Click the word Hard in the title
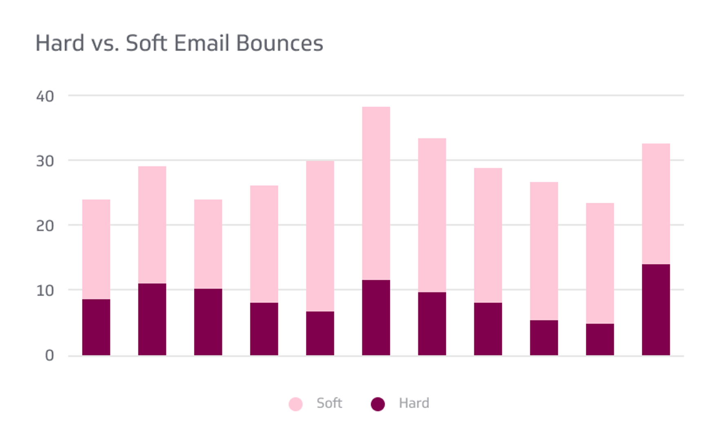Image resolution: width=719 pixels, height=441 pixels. pos(60,43)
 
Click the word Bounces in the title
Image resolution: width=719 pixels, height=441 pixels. pos(279,43)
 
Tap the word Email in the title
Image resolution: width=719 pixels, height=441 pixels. pos(201,43)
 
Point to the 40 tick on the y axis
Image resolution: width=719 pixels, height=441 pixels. pos(45,96)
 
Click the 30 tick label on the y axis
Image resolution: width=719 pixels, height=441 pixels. pos(45,161)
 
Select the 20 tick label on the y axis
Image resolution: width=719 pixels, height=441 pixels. pos(45,226)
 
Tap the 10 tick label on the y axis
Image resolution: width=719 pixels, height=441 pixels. pos(45,291)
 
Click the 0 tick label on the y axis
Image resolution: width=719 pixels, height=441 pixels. pos(49,356)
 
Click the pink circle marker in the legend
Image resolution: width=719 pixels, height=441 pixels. pos(296,404)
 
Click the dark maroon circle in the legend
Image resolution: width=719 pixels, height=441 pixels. pos(378,404)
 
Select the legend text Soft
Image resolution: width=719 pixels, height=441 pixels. pos(329,403)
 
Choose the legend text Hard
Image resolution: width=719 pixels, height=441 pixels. pos(414,403)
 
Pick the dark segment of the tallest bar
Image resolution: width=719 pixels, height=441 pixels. pos(376,317)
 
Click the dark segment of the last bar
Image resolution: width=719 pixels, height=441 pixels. pos(656,310)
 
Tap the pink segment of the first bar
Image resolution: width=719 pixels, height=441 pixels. pos(96,249)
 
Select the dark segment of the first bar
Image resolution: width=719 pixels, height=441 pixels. pos(96,327)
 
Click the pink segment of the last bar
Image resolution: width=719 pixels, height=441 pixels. pos(656,204)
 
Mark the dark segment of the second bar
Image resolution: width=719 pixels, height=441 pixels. pos(152,319)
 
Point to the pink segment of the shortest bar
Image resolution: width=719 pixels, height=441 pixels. pos(600,263)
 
